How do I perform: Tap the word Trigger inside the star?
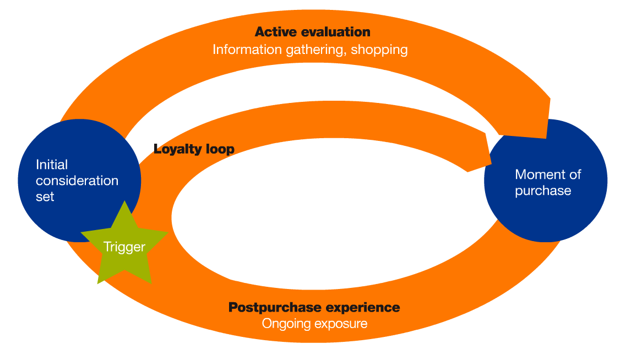[124, 247]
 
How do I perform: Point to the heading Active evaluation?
[312, 32]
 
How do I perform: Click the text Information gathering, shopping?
[310, 50]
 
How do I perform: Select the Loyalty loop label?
[194, 149]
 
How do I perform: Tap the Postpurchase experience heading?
[314, 307]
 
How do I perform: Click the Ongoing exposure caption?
[314, 324]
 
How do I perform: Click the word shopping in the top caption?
[379, 50]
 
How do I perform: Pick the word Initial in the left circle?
[52, 164]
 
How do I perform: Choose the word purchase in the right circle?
[543, 191]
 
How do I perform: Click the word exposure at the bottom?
[340, 324]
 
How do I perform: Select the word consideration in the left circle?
[77, 180]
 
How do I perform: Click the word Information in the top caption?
[247, 50]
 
